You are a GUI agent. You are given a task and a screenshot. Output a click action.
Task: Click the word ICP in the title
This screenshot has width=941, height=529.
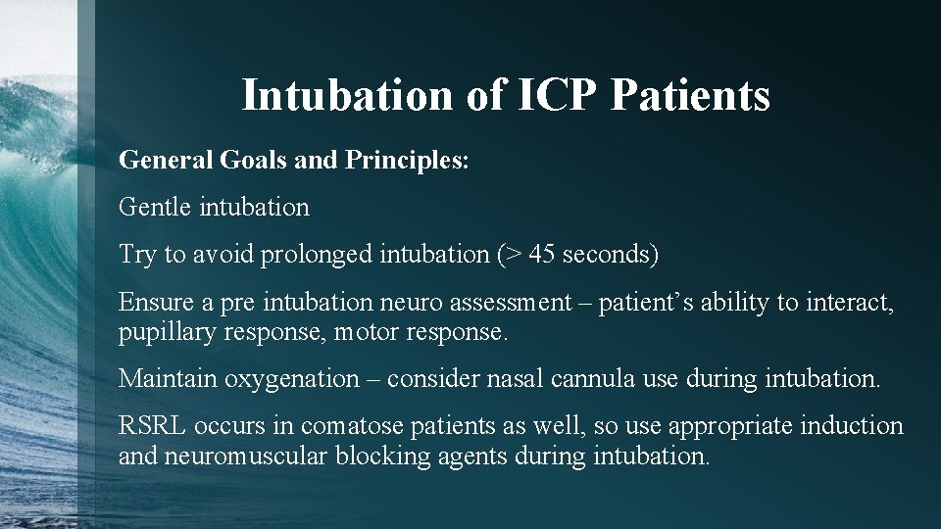point(552,96)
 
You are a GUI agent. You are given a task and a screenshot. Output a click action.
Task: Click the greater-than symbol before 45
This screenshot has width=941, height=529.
point(511,256)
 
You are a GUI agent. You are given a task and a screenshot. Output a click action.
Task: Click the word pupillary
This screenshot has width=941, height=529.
point(164,332)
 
